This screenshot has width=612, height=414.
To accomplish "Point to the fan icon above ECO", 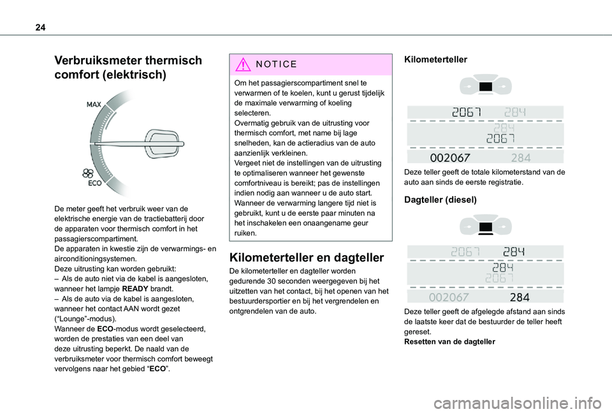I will click(88, 173).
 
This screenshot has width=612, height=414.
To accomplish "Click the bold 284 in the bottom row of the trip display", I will click(520, 297).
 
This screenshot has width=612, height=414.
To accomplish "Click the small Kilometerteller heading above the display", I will click(435, 59).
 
